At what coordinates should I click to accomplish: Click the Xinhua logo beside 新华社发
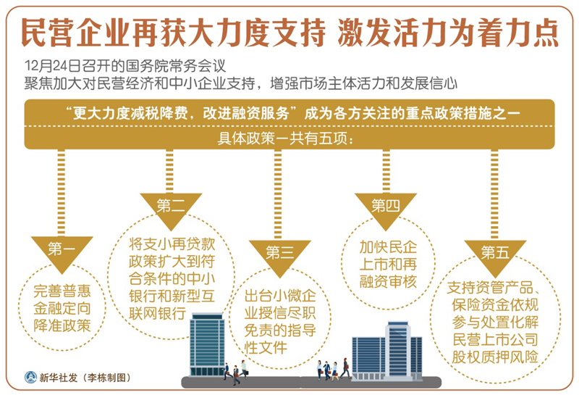[x=30, y=378]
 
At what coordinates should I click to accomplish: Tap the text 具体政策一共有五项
[x=284, y=138]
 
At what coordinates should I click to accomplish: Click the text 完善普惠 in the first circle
[x=62, y=291]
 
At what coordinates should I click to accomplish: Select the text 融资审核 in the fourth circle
[x=388, y=281]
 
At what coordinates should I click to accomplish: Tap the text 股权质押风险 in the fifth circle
[x=495, y=357]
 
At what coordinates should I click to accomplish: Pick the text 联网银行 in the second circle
[x=157, y=313]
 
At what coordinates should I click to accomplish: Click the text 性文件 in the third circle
[x=266, y=347]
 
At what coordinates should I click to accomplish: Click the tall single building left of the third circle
[x=207, y=345]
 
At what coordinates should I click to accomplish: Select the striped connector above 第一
[x=62, y=193]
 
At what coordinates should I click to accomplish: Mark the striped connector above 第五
[x=494, y=194]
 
